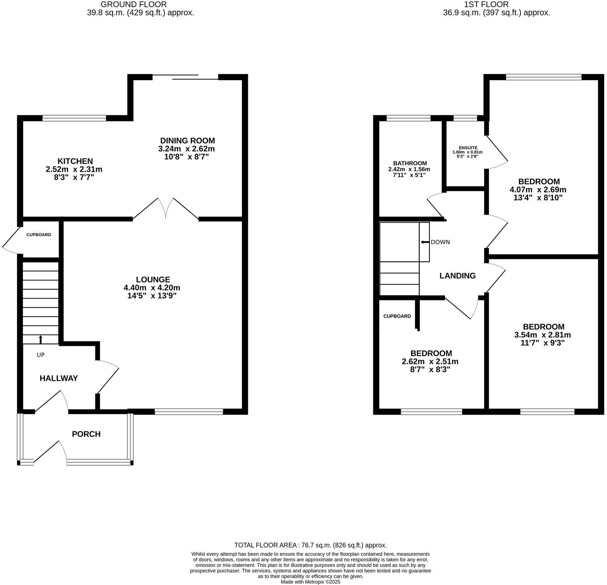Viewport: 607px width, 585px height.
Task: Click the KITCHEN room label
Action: point(75,161)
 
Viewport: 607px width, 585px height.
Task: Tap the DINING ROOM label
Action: point(187,141)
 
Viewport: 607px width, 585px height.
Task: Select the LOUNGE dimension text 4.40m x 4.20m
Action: point(152,288)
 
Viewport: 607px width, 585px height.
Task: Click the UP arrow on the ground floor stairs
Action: point(41,339)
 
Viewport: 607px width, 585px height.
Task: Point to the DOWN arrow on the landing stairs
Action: point(425,242)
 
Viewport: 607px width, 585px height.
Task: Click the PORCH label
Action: point(86,434)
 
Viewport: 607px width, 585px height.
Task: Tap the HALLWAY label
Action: point(59,378)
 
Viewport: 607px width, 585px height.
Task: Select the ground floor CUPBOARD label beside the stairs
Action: point(39,235)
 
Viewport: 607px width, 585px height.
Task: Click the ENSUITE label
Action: point(468,148)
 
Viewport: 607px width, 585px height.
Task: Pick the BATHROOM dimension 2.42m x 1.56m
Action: point(409,169)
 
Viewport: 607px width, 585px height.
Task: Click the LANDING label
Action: point(457,276)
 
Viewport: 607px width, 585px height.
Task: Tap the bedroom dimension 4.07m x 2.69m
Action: point(538,190)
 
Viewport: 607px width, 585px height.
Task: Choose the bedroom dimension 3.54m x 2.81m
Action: point(543,335)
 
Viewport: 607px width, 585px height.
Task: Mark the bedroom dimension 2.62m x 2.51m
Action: point(430,362)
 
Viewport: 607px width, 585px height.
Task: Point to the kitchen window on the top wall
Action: point(74,118)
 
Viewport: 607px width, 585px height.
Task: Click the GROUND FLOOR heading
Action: point(134,5)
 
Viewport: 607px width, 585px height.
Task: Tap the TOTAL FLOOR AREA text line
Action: point(310,545)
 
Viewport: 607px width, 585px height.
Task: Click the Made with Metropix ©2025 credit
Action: point(310,582)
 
